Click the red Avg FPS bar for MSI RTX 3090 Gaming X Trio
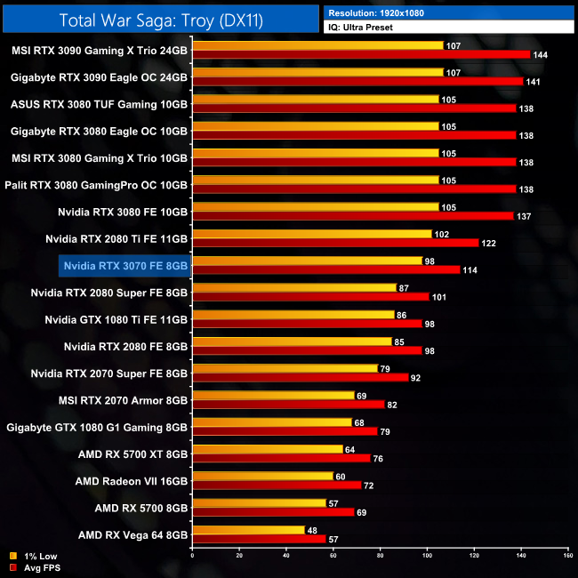360,54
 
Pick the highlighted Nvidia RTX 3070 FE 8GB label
125,265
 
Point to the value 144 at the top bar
539,55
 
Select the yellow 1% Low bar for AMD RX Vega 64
248,530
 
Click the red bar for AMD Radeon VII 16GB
276,486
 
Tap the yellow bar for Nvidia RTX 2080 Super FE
293,287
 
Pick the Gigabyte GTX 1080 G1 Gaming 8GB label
97,427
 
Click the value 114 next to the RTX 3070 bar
469,270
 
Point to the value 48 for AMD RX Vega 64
313,530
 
